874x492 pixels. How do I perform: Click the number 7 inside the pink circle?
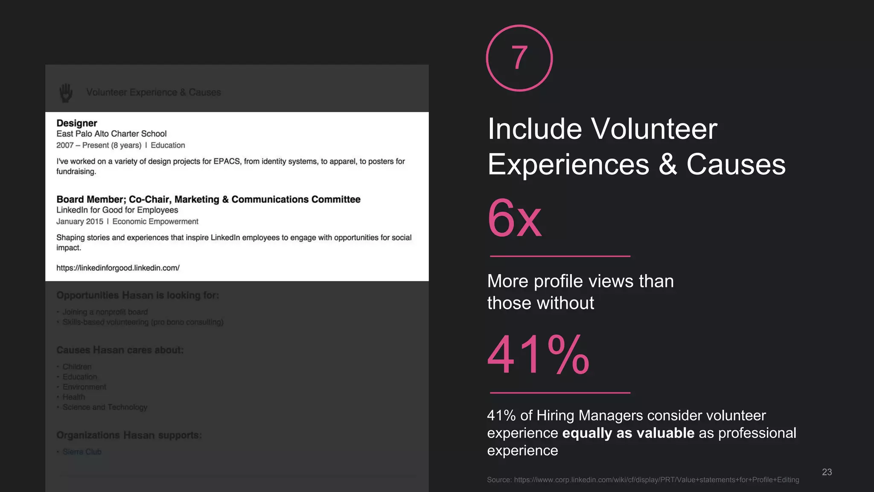tap(519, 58)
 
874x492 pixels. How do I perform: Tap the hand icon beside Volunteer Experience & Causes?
tap(66, 93)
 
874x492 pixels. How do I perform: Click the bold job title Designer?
tap(77, 123)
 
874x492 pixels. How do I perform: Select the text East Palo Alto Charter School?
tap(111, 134)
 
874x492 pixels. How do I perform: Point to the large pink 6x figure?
tap(515, 219)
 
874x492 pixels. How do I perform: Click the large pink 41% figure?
tap(539, 355)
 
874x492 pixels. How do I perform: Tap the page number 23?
tap(827, 472)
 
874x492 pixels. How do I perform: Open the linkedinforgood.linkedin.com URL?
tap(118, 268)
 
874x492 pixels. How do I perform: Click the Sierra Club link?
tap(82, 452)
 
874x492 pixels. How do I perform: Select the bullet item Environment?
tap(84, 387)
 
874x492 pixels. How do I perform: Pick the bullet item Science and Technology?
tap(105, 407)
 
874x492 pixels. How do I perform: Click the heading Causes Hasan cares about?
tap(120, 350)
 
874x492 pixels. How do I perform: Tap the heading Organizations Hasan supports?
tap(129, 435)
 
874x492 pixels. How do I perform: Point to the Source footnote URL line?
tap(643, 480)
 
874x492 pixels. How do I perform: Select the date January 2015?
tap(80, 222)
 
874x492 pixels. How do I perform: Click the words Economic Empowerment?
tap(155, 222)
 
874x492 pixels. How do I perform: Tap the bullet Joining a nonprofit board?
tap(105, 312)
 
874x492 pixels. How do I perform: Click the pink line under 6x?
tap(560, 256)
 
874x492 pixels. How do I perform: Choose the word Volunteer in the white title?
tap(654, 129)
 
